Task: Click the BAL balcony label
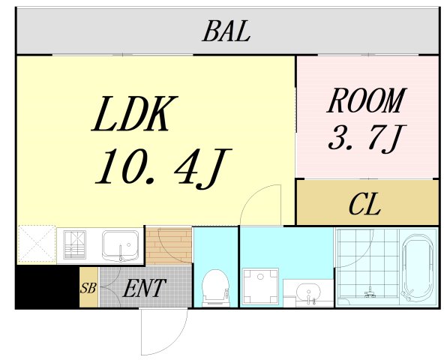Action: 226,31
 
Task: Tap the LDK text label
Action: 134,114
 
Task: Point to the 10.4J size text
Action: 163,168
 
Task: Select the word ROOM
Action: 367,101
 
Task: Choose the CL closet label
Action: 365,204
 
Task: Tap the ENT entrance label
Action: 144,288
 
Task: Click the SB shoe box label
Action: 88,288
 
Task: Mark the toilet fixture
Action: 215,288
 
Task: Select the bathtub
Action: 418,267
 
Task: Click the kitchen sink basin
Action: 120,244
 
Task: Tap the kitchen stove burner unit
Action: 75,244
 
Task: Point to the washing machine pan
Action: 260,286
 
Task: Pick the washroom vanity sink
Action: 308,292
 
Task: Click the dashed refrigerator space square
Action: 37,244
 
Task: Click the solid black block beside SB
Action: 47,286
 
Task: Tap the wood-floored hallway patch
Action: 168,246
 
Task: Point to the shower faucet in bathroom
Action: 370,292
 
